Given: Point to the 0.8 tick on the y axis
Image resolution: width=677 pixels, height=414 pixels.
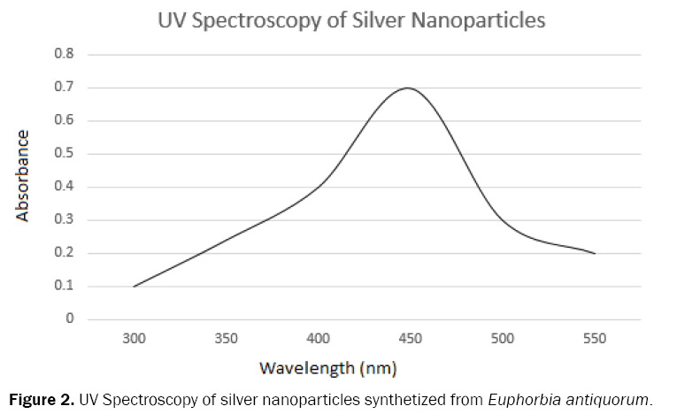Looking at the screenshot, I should [x=65, y=54].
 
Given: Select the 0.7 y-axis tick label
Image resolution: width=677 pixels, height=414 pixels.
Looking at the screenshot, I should [x=65, y=88].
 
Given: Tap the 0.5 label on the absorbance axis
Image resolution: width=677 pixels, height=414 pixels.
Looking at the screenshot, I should [x=65, y=154].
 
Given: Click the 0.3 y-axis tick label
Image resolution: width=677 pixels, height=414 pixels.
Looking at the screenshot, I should [x=65, y=220].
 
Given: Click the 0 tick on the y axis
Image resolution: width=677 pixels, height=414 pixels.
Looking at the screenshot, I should [x=69, y=319].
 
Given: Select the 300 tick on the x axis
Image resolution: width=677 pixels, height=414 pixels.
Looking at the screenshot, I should [x=134, y=338].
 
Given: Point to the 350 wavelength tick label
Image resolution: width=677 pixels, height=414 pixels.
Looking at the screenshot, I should [x=226, y=338].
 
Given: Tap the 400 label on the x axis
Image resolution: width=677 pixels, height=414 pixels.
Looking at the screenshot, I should [x=318, y=338].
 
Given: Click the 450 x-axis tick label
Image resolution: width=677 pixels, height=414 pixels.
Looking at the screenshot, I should [x=410, y=338].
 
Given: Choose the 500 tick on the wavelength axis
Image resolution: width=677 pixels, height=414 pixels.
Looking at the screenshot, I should [x=502, y=338].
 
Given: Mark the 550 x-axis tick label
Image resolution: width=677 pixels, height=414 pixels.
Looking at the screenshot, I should [x=594, y=338].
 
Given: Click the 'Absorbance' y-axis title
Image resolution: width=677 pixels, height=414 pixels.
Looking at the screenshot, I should [x=23, y=176].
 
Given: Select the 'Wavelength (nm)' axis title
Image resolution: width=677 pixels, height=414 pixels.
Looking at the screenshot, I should [x=328, y=366].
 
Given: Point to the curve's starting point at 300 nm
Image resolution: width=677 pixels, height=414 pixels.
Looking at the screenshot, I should [x=134, y=287].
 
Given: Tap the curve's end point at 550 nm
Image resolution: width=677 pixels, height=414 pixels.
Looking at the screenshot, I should [x=595, y=253].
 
